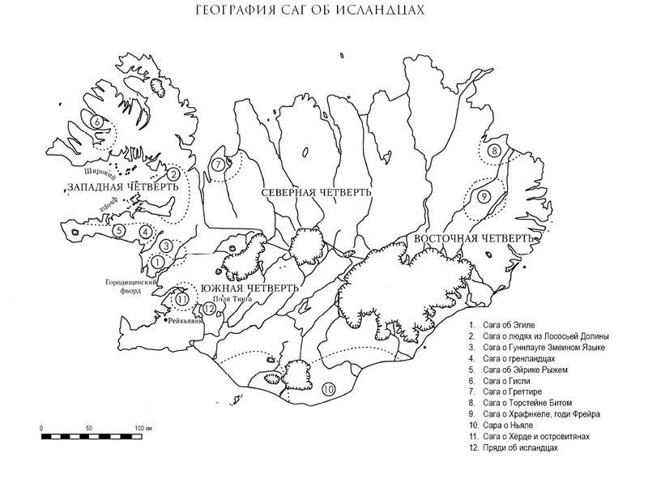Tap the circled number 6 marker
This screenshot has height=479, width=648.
click(96, 122)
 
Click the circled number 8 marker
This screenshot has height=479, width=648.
click(494, 151)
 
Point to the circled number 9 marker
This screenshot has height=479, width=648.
click(483, 197)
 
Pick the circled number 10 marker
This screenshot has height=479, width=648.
click(328, 390)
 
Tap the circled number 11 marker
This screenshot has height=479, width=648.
click(182, 298)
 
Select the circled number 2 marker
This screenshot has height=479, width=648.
click(173, 173)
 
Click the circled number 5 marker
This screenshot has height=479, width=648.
click(119, 230)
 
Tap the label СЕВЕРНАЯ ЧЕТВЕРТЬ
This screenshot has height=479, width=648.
click(316, 193)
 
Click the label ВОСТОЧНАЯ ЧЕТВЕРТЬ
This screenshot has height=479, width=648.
click(473, 240)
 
